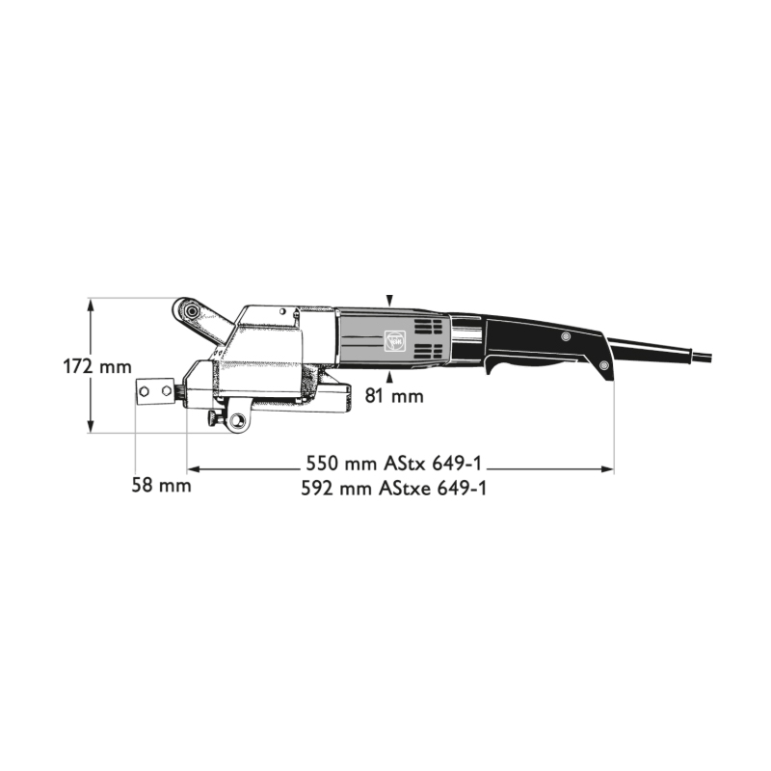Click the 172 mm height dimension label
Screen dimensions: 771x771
click(96, 367)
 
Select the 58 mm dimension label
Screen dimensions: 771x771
click(162, 485)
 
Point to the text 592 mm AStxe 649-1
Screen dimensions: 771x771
click(394, 489)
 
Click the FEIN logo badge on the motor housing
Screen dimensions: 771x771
click(393, 339)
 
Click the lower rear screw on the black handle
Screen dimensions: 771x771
click(603, 366)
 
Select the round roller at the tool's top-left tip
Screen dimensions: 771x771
click(189, 309)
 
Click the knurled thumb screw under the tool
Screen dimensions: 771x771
click(211, 416)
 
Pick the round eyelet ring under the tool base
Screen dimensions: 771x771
click(234, 421)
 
